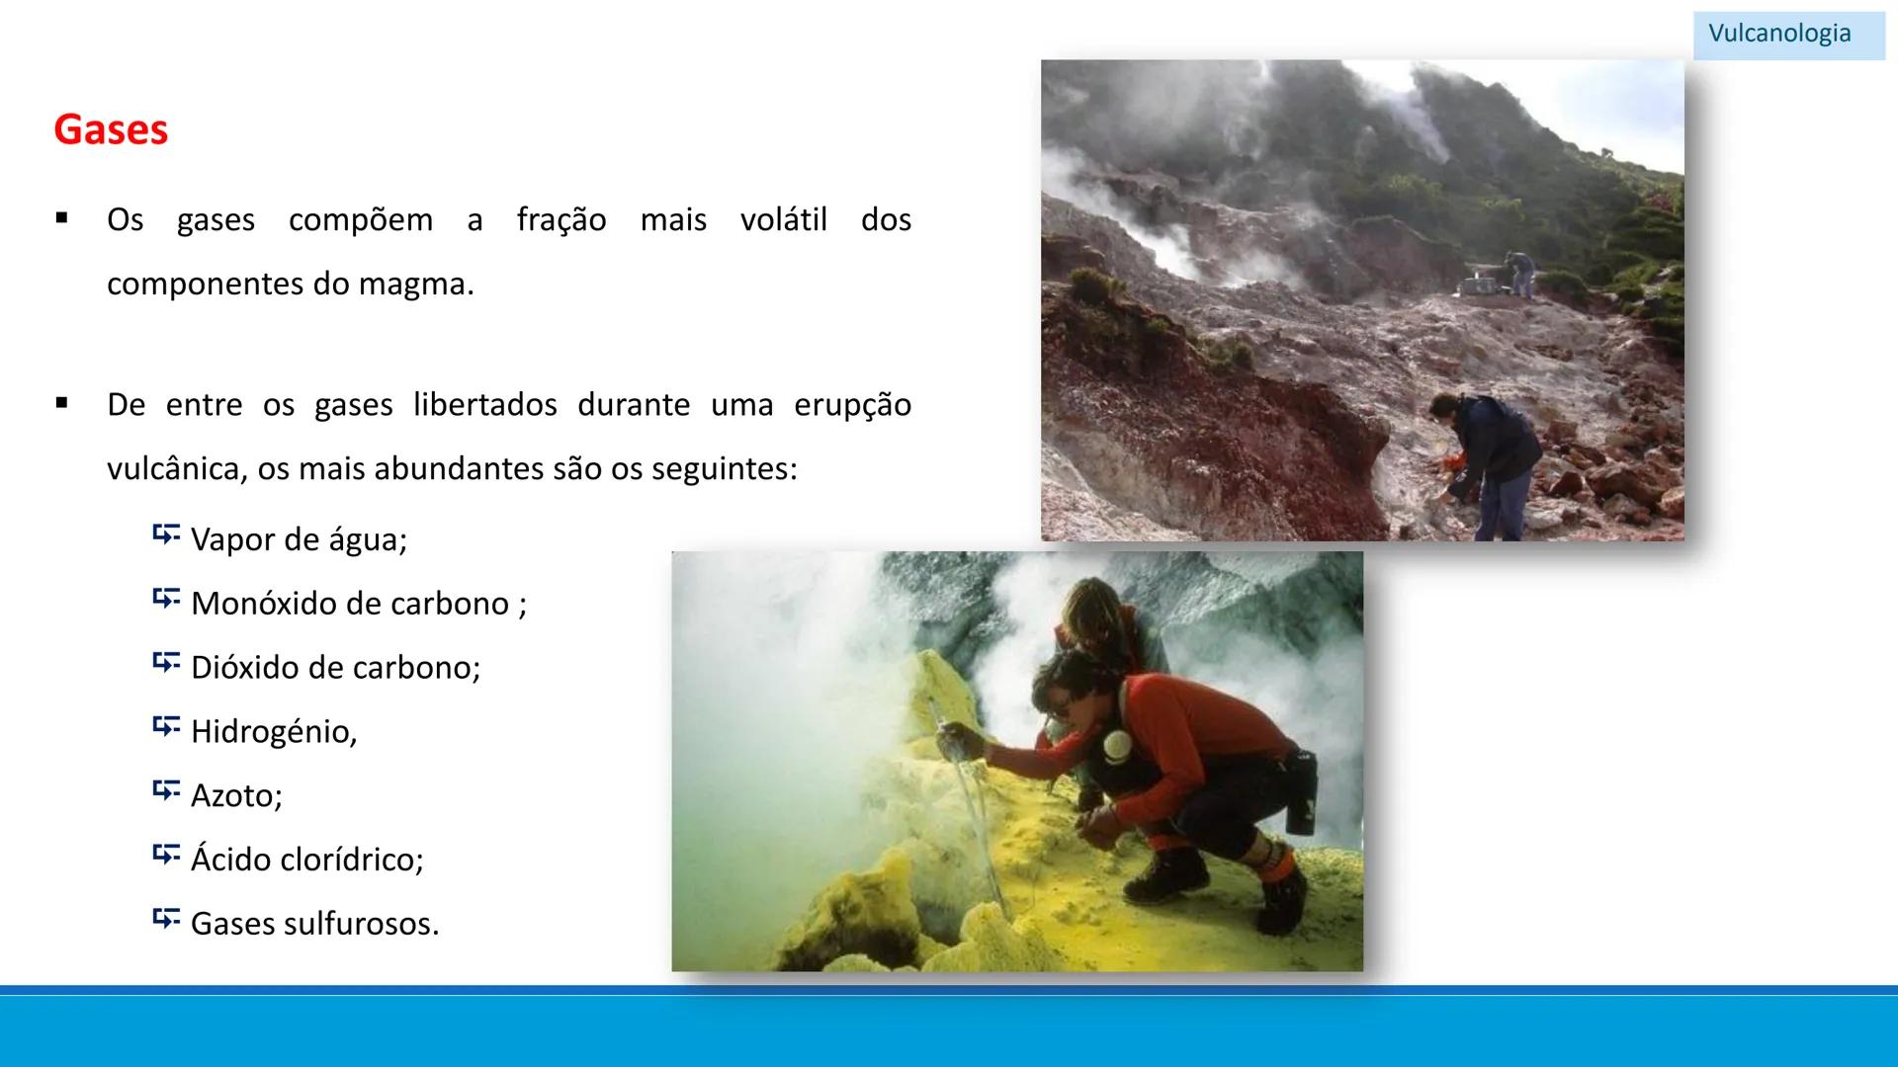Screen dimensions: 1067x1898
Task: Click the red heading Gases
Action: pyautogui.click(x=111, y=129)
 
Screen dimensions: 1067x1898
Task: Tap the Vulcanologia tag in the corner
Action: pyautogui.click(x=1779, y=34)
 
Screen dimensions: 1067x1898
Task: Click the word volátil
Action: pyautogui.click(x=783, y=219)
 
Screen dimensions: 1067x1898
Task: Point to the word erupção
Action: pyautogui.click(x=852, y=405)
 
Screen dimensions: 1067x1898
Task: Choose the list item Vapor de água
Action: pyautogui.click(x=299, y=539)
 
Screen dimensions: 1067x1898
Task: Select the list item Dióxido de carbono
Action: pyautogui.click(x=335, y=668)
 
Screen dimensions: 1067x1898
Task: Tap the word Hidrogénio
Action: pyautogui.click(x=274, y=732)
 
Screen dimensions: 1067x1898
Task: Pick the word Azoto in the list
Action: pyautogui.click(x=236, y=796)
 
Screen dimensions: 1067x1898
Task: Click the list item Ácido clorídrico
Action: pyautogui.click(x=306, y=860)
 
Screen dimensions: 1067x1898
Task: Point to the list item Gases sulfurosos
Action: pyautogui.click(x=314, y=924)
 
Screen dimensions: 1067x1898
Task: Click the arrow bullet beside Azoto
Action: pyautogui.click(x=166, y=790)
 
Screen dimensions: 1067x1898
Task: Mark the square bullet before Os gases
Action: pyautogui.click(x=62, y=218)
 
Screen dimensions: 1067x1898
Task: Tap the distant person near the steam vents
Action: pyautogui.click(x=1519, y=272)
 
